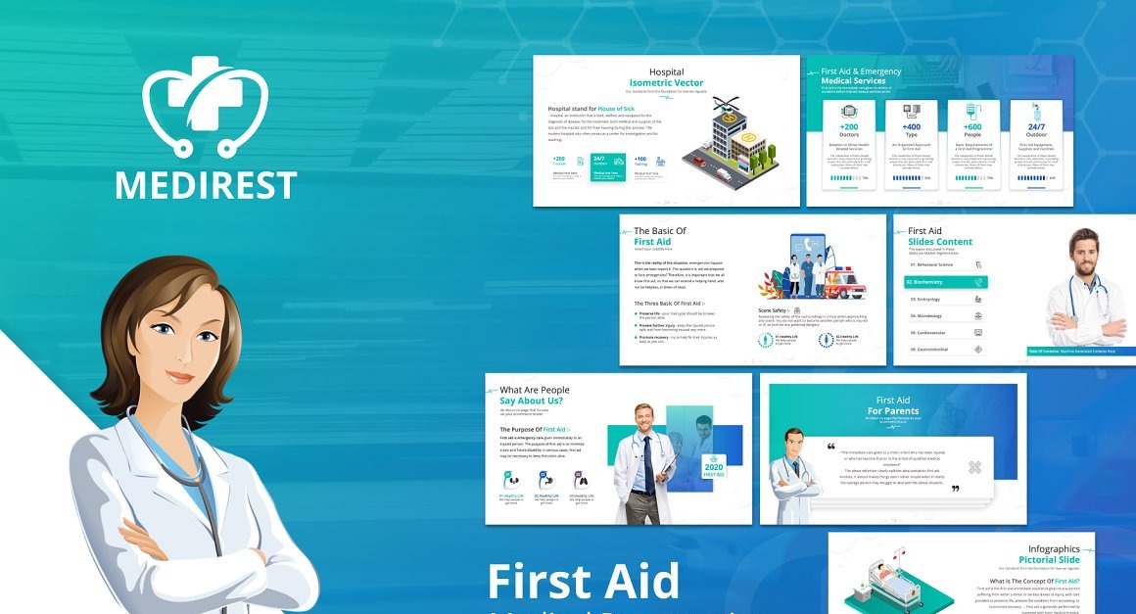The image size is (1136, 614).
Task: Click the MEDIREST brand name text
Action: (x=206, y=184)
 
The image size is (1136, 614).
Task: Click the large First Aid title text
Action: (x=584, y=581)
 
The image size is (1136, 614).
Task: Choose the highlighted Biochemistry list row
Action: (x=946, y=282)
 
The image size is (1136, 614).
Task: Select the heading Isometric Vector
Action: (x=666, y=83)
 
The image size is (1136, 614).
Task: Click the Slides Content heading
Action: (x=940, y=242)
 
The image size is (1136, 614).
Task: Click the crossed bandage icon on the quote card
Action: (x=974, y=467)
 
